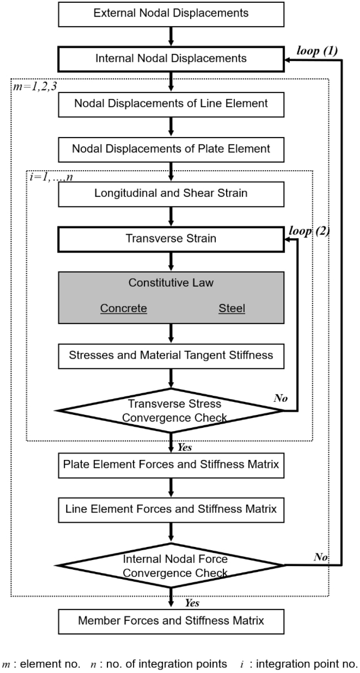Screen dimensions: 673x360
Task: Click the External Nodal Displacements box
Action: coord(171,13)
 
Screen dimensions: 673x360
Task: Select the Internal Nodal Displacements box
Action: coord(171,59)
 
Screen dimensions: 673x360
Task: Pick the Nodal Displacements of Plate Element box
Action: coord(171,149)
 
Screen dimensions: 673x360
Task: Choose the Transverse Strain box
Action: coord(171,239)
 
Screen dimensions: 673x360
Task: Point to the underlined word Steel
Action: coord(232,308)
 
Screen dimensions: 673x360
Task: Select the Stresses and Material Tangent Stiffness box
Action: coord(171,356)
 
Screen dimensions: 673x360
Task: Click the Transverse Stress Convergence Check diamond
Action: coord(171,410)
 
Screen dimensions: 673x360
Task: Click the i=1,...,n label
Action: coord(49,178)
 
